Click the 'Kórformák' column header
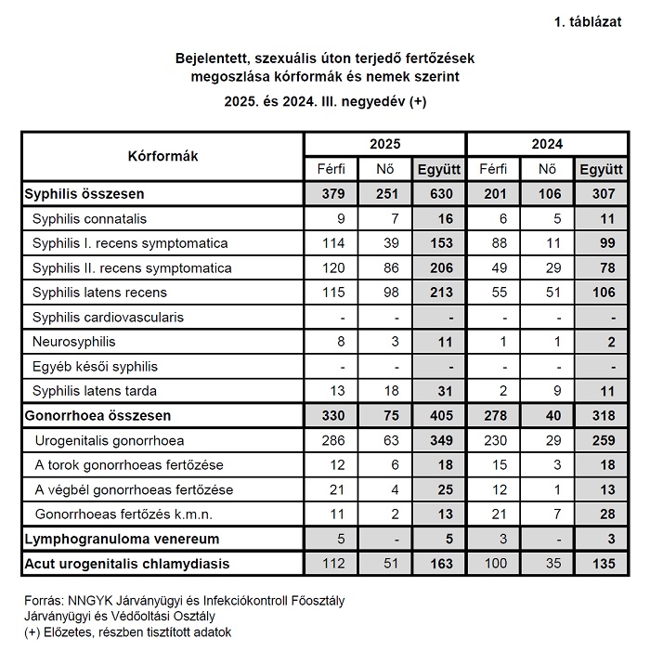tap(162, 156)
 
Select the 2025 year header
tap(384, 145)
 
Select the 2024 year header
tap(547, 145)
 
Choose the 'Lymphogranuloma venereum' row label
tap(120, 539)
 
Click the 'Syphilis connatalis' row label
tap(89, 220)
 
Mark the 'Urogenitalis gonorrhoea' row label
tap(109, 440)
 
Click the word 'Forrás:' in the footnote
tap(44, 601)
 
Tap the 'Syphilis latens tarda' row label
tap(95, 391)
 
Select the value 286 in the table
tap(331, 440)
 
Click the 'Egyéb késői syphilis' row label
tap(95, 367)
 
